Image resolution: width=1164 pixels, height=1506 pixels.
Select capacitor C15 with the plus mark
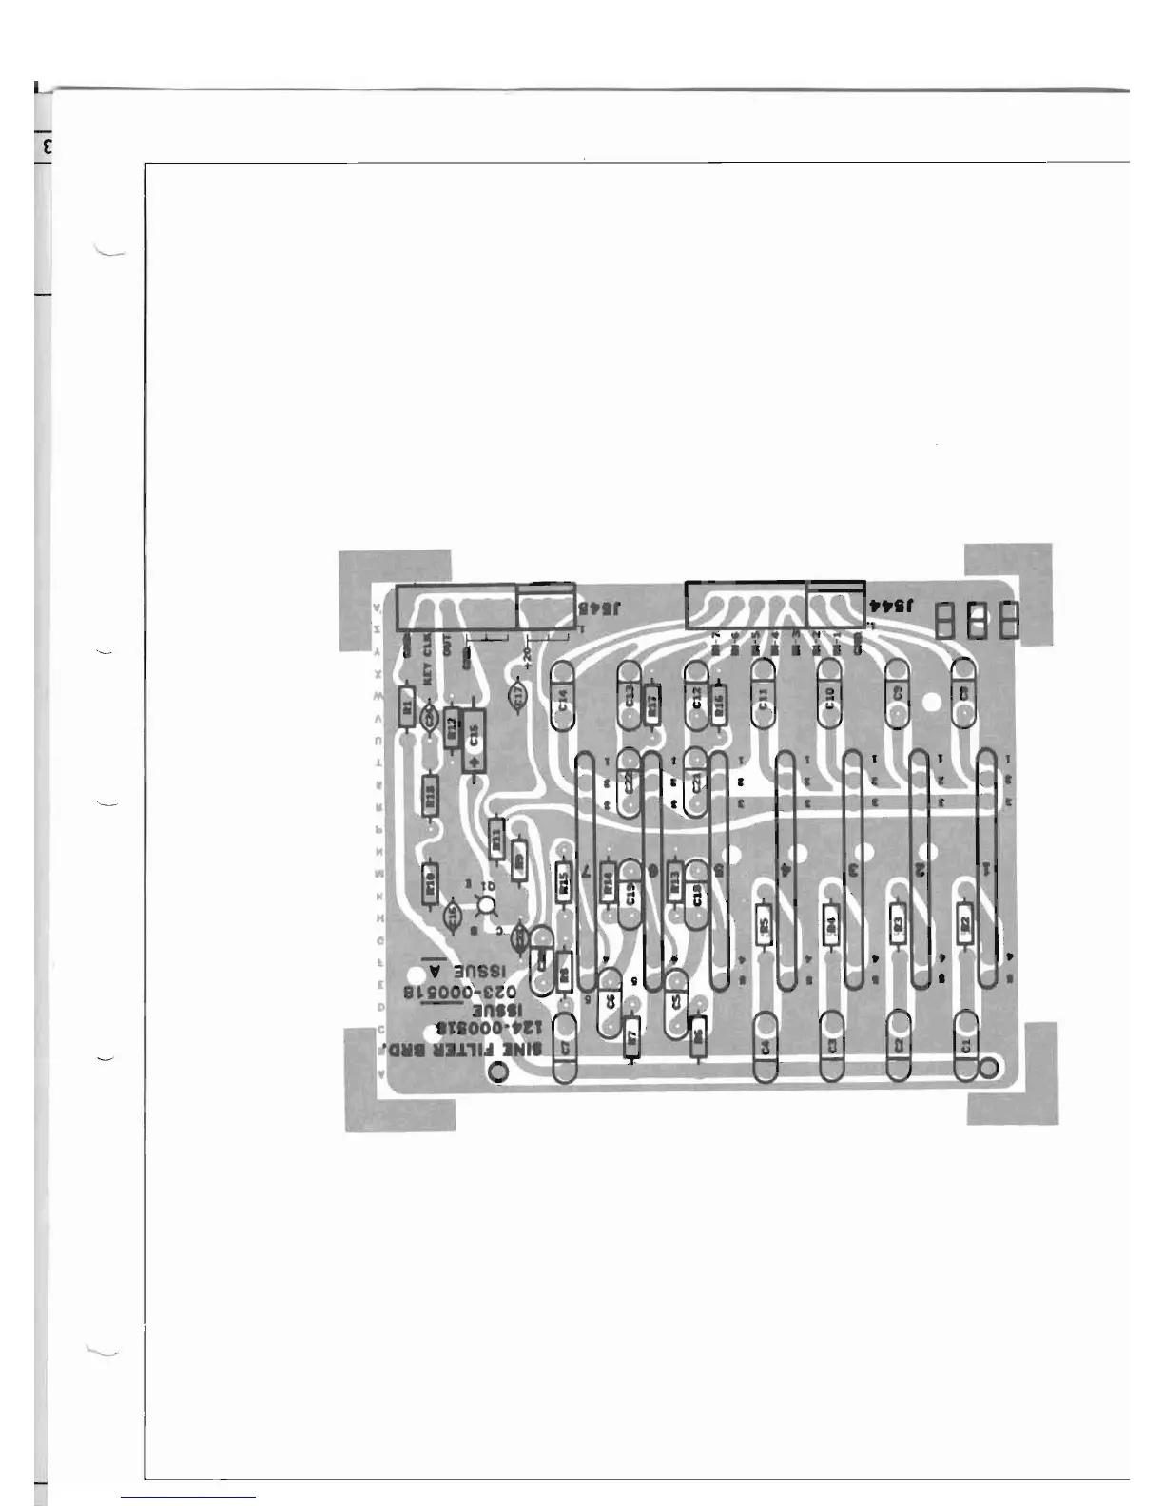point(474,740)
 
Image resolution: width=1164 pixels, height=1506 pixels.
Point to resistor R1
point(408,706)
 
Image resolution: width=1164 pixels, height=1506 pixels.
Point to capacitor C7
point(565,1046)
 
